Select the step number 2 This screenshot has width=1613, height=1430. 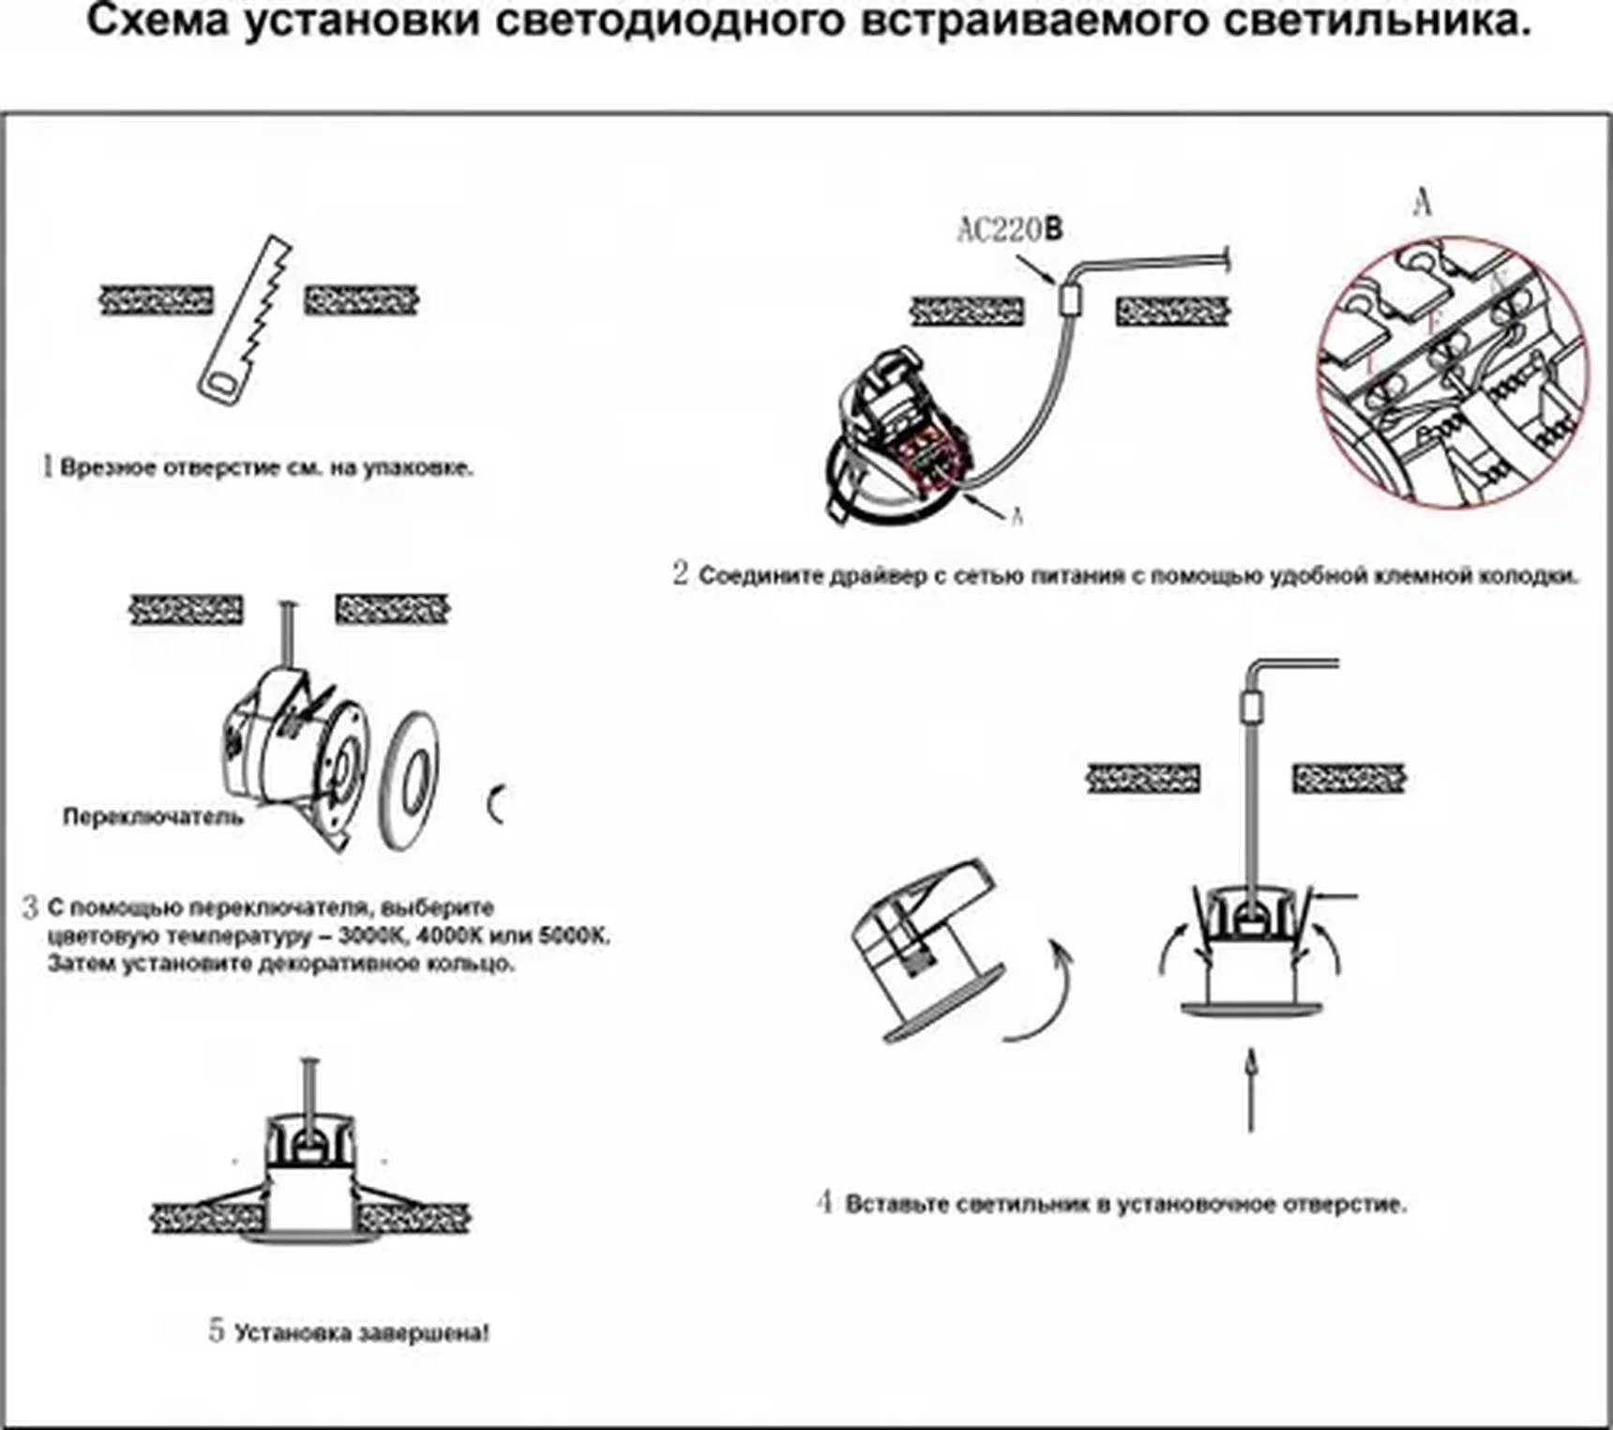681,573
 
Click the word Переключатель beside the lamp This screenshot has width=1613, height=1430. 153,816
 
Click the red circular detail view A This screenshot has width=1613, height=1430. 1452,373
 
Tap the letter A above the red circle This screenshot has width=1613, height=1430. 1423,202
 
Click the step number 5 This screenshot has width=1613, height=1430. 217,1330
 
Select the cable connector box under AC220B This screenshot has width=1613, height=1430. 1070,299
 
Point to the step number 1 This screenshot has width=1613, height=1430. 47,466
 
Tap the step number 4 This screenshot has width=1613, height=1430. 824,1202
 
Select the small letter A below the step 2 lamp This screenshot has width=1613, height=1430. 1017,516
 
